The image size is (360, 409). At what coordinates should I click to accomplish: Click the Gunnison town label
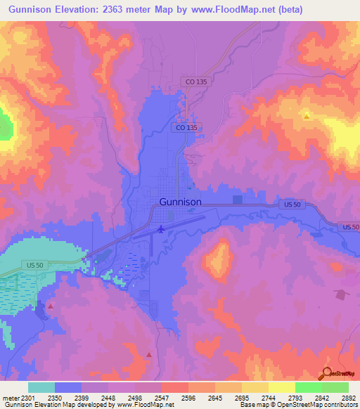click(x=181, y=202)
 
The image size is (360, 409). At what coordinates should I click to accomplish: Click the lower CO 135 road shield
click(x=186, y=127)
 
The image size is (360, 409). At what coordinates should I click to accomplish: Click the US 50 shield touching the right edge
click(x=349, y=227)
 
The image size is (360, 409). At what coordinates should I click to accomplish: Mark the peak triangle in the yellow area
click(x=307, y=115)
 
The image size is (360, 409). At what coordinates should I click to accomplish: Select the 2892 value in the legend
click(x=348, y=398)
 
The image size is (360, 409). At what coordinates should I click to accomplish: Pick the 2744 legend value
click(x=269, y=398)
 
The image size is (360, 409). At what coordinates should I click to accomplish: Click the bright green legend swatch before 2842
click(x=308, y=387)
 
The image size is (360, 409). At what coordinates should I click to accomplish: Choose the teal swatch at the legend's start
click(x=41, y=387)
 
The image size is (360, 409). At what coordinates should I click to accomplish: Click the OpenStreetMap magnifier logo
click(x=326, y=373)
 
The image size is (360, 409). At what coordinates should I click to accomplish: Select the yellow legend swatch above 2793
click(x=281, y=387)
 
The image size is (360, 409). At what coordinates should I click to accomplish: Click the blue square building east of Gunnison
click(x=237, y=200)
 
